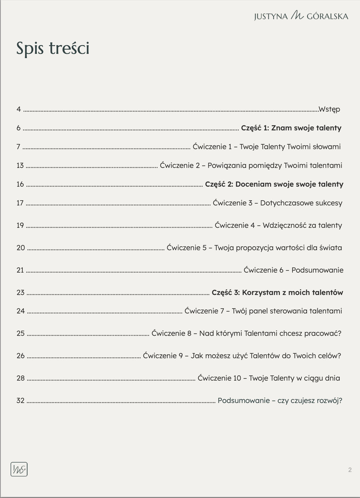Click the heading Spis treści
click(53, 48)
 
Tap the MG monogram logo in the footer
click(19, 469)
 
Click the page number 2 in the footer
click(350, 470)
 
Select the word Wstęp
click(329, 109)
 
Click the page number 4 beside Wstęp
click(19, 109)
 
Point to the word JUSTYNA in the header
click(271, 16)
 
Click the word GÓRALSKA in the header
click(327, 16)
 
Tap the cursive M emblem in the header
click(297, 16)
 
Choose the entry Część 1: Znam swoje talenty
click(291, 128)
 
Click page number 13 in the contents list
click(20, 165)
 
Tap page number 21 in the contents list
click(20, 270)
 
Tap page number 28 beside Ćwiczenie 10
click(21, 378)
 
